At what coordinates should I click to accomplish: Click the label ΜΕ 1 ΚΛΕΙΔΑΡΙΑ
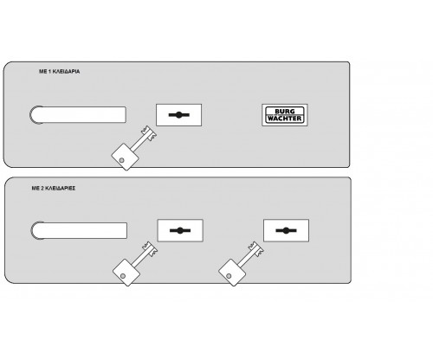60,71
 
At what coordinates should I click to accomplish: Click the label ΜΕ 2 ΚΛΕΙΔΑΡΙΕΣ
54,188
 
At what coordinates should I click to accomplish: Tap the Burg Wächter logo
285,115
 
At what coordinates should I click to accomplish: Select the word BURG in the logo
285,112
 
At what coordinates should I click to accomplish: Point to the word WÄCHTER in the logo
285,119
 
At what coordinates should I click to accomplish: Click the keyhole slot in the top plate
179,115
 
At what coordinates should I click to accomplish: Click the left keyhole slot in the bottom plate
180,230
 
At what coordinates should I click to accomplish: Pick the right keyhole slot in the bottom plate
286,230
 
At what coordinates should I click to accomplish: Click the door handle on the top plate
78,114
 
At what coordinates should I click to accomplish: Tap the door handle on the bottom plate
79,230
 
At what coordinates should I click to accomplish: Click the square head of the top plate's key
125,157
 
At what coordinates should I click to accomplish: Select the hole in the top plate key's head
122,160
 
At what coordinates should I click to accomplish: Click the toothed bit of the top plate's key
149,133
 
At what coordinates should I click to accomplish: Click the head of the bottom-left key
126,273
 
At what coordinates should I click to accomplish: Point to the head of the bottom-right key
232,273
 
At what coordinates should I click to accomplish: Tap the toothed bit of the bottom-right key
256,248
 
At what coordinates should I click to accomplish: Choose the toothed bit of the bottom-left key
150,248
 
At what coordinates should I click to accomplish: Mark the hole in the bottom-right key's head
229,276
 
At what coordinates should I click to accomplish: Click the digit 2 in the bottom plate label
42,188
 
